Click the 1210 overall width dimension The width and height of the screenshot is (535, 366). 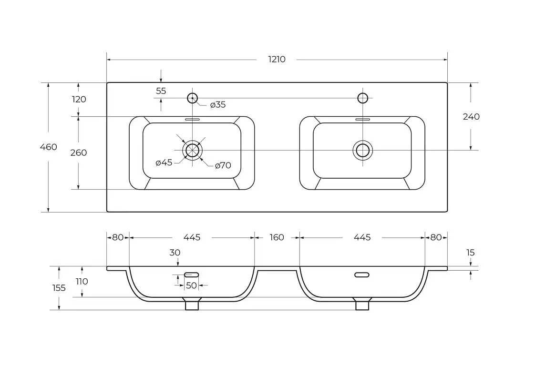pyautogui.click(x=277, y=60)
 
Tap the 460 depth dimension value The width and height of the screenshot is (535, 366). pyautogui.click(x=48, y=147)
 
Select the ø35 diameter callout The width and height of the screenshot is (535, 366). pyautogui.click(x=217, y=104)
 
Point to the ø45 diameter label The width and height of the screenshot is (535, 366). pyautogui.click(x=164, y=163)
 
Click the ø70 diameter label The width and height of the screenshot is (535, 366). pyautogui.click(x=223, y=165)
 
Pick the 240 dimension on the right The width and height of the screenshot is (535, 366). pyautogui.click(x=471, y=117)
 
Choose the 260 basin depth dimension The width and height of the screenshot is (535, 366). pyautogui.click(x=79, y=152)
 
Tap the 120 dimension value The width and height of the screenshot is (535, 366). pyautogui.click(x=79, y=99)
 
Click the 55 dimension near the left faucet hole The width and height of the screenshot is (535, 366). pyautogui.click(x=161, y=91)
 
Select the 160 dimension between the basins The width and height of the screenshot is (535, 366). pyautogui.click(x=277, y=237)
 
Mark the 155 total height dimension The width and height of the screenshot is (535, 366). pyautogui.click(x=59, y=288)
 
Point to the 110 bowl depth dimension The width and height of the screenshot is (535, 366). pyautogui.click(x=82, y=281)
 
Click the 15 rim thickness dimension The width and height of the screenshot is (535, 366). pyautogui.click(x=471, y=253)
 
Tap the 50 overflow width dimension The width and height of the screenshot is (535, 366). pyautogui.click(x=191, y=285)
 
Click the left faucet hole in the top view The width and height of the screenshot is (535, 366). pyautogui.click(x=192, y=98)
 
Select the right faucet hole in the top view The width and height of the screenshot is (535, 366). pyautogui.click(x=363, y=98)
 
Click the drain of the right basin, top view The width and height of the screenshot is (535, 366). pyautogui.click(x=363, y=150)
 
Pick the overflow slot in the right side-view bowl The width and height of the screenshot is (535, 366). pyautogui.click(x=362, y=274)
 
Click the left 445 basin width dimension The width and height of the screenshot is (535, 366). pyautogui.click(x=192, y=237)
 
